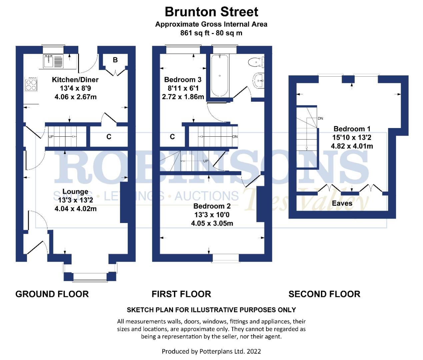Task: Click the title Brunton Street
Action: pyautogui.click(x=211, y=12)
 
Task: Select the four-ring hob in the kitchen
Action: pyautogui.click(x=32, y=84)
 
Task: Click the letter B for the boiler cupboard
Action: pyautogui.click(x=115, y=60)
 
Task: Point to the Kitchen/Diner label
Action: pyautogui.click(x=75, y=80)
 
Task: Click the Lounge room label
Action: pyautogui.click(x=75, y=192)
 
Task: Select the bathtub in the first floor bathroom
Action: pyautogui.click(x=220, y=76)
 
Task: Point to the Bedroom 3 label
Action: pyautogui.click(x=183, y=80)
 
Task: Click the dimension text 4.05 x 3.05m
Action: pyautogui.click(x=212, y=223)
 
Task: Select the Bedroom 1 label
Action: pyautogui.click(x=352, y=129)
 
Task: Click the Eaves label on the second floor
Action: pyautogui.click(x=342, y=203)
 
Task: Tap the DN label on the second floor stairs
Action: pyautogui.click(x=320, y=119)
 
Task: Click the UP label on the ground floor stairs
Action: pyautogui.click(x=51, y=137)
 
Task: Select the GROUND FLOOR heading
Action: pyautogui.click(x=52, y=294)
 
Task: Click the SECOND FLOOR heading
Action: pyautogui.click(x=324, y=294)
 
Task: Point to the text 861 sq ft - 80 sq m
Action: pyautogui.click(x=211, y=33)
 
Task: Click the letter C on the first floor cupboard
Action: pyautogui.click(x=172, y=137)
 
